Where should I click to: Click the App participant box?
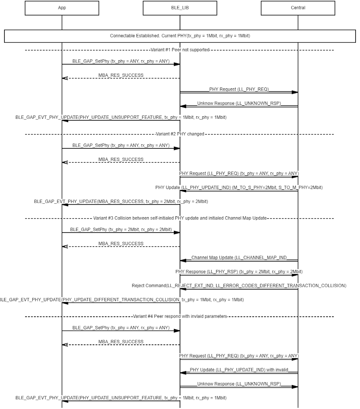coord(62,8)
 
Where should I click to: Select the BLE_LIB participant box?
coord(180,8)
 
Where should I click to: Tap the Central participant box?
coord(298,8)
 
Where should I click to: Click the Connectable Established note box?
coord(180,36)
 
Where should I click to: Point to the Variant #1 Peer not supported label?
coord(180,50)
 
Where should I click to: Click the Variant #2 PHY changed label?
coord(180,134)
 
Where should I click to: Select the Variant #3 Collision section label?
coord(180,218)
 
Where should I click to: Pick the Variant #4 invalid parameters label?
coord(180,316)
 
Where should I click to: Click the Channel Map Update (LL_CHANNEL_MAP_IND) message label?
coord(239,257)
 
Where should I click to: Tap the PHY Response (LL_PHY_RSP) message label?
coord(239,272)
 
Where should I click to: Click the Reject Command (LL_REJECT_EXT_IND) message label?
coord(239,286)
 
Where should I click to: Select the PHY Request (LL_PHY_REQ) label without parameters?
coord(239,89)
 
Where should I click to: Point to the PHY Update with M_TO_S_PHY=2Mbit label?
coord(239,187)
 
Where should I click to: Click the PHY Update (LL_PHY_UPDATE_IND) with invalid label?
coord(239,370)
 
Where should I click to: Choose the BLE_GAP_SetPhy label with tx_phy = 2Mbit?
coord(121,229)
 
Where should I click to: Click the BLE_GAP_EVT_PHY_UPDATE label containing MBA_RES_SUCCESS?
coord(121,201)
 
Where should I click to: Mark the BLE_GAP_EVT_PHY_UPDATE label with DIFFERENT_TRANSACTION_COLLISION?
coord(121,300)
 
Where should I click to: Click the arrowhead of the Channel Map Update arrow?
coord(183,261)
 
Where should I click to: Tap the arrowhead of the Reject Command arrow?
coord(183,289)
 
